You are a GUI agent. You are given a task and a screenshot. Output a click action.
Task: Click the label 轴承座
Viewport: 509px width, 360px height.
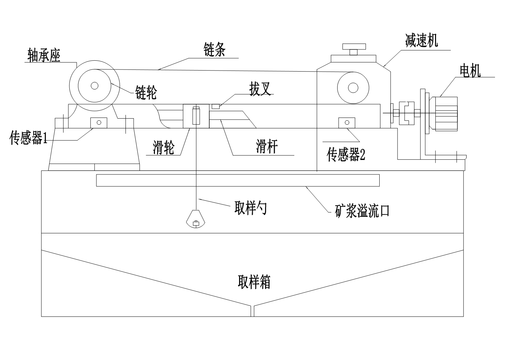pos(44,55)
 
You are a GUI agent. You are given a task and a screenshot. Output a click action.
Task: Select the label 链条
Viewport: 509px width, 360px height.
pos(214,50)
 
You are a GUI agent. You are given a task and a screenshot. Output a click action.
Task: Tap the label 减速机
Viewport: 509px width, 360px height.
pos(421,41)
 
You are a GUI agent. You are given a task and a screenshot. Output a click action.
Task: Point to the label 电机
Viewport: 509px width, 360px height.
pos(470,71)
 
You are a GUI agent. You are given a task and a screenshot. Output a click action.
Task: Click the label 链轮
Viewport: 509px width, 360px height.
pos(146,93)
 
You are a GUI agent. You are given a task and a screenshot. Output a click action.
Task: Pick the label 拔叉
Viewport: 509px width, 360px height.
pos(260,90)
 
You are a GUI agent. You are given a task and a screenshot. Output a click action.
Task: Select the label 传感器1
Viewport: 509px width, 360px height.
pos(28,139)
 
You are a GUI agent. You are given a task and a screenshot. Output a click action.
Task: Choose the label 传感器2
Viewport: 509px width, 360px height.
pos(346,154)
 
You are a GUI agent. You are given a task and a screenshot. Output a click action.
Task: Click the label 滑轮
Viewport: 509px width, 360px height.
pos(163,148)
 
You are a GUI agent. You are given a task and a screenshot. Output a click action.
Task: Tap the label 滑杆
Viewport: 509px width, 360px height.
pos(267,146)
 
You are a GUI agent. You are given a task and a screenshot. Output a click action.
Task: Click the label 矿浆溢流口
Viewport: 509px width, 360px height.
pos(362,211)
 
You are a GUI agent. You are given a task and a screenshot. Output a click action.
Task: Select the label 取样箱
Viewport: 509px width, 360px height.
pos(254,282)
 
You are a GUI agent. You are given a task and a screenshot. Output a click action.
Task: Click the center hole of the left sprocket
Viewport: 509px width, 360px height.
pos(94,85)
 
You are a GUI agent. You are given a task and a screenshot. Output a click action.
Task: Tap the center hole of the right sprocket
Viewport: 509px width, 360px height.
pos(353,87)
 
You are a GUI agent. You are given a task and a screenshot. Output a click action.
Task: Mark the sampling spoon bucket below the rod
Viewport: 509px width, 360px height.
pos(196,219)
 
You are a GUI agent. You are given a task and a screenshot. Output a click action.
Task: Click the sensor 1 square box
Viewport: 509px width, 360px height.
pos(99,122)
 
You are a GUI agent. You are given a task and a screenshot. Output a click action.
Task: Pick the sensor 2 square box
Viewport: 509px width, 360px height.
pos(347,122)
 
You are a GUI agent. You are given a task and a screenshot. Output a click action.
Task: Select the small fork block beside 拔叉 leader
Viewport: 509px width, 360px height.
pos(216,106)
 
